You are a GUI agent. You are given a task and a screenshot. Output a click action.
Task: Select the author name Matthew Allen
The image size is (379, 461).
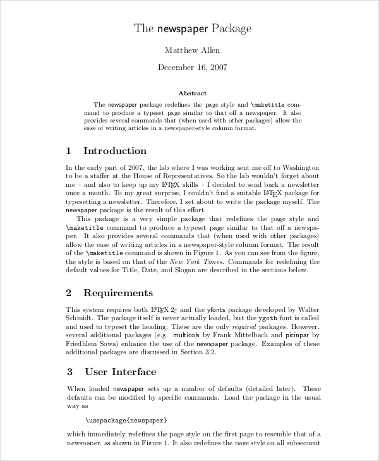(x=192, y=51)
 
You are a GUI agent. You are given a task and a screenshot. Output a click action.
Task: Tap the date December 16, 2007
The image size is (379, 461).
(x=192, y=68)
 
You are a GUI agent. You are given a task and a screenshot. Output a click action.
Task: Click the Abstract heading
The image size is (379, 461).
(x=192, y=92)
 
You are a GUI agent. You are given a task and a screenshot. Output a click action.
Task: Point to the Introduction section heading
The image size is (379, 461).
(x=114, y=151)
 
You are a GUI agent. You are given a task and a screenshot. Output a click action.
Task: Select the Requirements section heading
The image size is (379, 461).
(x=117, y=293)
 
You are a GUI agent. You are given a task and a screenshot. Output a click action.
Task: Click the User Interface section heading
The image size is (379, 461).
(x=120, y=372)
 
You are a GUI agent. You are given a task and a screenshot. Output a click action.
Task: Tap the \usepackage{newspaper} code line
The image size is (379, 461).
(x=126, y=419)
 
